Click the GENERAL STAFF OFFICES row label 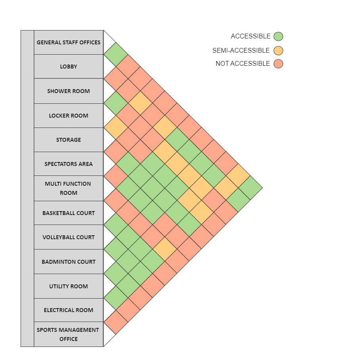pos(69,42)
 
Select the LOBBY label pos(69,67)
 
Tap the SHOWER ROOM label pos(69,91)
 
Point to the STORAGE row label pos(69,140)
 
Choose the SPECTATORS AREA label pos(69,164)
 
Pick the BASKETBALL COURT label pos(69,213)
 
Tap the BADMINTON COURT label pos(69,262)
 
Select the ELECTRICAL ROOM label pos(69,310)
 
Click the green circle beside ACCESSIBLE pos(278,36)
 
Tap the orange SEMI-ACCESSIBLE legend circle pos(278,50)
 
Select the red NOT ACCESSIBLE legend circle pos(278,63)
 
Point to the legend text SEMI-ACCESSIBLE pos(241,50)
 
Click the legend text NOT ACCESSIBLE pos(243,63)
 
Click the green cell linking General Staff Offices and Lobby pos(116,54)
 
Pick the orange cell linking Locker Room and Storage pos(116,128)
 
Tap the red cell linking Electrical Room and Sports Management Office pos(116,322)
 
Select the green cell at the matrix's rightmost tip pos(250,188)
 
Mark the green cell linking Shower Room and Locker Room pos(116,103)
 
